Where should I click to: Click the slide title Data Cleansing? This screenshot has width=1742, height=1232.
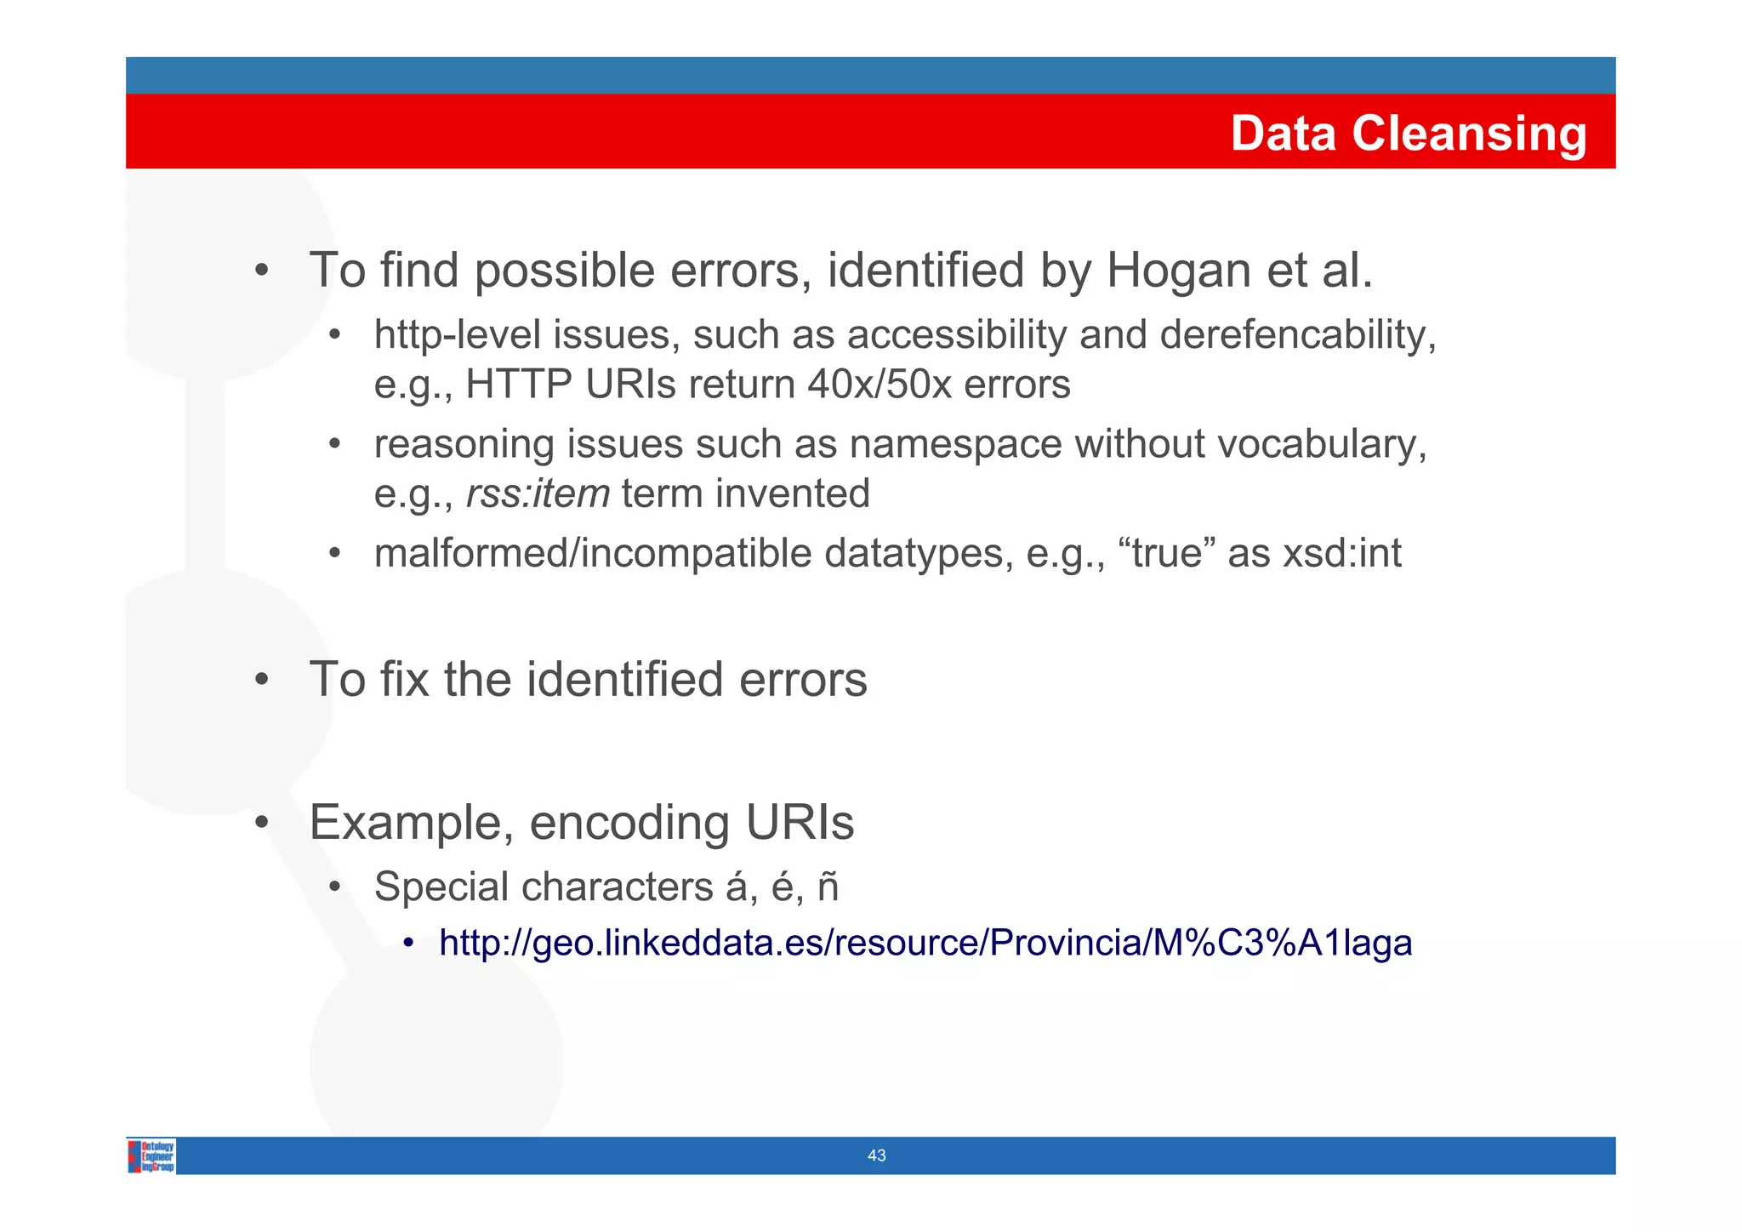(1408, 134)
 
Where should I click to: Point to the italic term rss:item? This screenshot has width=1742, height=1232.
(538, 493)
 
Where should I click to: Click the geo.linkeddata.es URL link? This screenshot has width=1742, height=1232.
(925, 943)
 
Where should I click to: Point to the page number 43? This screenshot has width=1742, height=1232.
(876, 1155)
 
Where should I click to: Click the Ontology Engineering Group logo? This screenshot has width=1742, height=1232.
(151, 1155)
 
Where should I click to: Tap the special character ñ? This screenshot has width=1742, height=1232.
(828, 887)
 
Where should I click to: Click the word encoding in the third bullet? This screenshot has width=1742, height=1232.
(629, 823)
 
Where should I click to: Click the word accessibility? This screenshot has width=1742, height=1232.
(956, 334)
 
